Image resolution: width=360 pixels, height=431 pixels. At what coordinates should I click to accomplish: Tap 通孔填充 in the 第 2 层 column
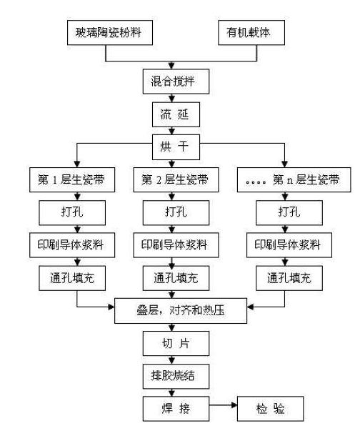[176, 276]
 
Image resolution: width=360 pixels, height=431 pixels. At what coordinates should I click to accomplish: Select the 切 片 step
[176, 344]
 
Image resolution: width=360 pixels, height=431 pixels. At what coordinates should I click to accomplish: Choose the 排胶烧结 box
[176, 376]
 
